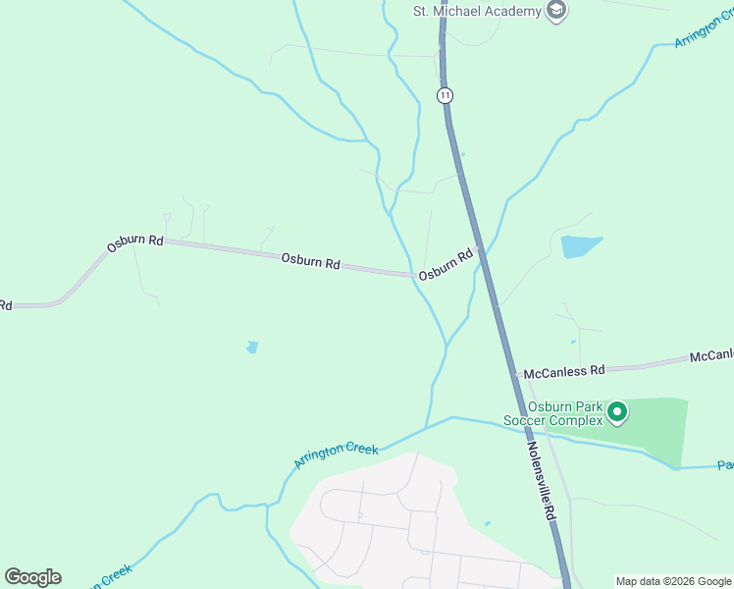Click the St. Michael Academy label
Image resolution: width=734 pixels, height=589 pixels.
tap(476, 11)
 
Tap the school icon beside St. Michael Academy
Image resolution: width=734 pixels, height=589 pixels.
tap(557, 11)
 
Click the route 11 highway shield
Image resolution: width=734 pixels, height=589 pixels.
tap(446, 94)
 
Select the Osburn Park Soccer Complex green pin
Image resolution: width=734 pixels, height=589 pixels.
tap(616, 412)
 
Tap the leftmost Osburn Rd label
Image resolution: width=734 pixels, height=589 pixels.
tap(134, 241)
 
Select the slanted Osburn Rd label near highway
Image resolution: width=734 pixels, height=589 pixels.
tap(446, 265)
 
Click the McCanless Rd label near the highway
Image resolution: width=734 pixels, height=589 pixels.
tap(564, 372)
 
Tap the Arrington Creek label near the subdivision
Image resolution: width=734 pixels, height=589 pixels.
tap(337, 455)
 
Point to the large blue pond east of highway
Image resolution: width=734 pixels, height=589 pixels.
tap(579, 245)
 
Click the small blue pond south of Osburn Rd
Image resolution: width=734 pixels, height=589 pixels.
tap(252, 347)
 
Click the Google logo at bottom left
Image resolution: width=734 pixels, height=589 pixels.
tap(32, 577)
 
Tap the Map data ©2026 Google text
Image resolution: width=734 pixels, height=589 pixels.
tap(673, 581)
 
